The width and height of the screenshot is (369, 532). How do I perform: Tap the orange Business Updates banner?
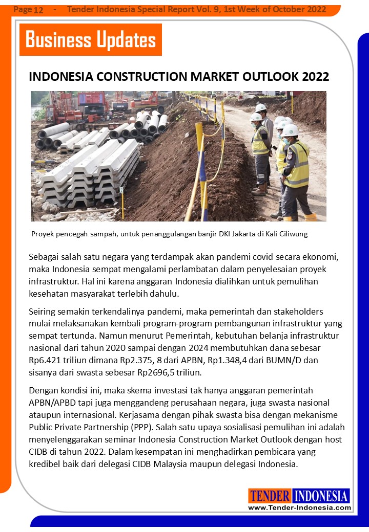tap(91, 39)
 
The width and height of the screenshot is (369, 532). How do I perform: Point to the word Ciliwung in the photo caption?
tap(293, 234)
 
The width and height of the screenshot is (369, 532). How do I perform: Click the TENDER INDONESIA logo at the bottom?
tap(299, 496)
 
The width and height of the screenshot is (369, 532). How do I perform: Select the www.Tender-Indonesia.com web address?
tap(300, 507)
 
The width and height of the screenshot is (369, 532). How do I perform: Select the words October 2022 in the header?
tap(295, 10)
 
